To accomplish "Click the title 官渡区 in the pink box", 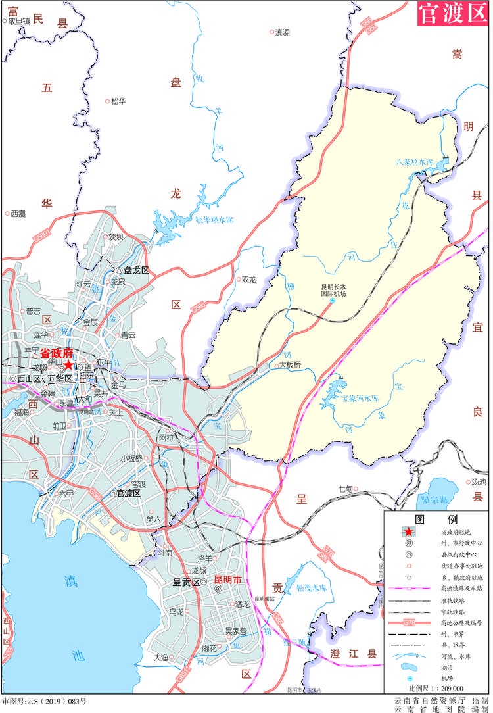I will click(x=452, y=14).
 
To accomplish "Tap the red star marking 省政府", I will click(x=68, y=364).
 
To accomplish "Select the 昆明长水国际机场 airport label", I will click(x=333, y=290).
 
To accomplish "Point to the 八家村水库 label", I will click(x=415, y=161).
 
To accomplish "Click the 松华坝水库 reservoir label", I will click(x=214, y=220).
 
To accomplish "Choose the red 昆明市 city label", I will click(x=228, y=581).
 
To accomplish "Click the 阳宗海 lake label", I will click(x=438, y=499).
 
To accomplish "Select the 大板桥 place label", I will click(x=290, y=364).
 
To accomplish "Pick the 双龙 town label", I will click(x=248, y=279).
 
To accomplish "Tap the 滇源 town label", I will click(x=283, y=32).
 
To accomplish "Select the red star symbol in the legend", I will click(x=409, y=532).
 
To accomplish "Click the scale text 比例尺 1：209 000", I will click(x=435, y=687).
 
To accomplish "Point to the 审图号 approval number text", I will click(x=45, y=702).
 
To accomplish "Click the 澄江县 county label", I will click(x=354, y=653).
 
